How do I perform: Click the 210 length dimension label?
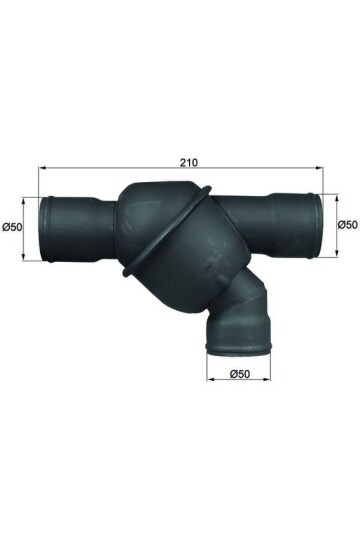click(179, 158)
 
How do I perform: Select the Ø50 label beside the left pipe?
click(13, 227)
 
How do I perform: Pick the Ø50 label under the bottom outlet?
click(240, 374)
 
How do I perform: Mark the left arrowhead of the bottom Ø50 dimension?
click(210, 383)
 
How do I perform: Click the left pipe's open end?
click(43, 229)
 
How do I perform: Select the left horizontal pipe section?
click(80, 229)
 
